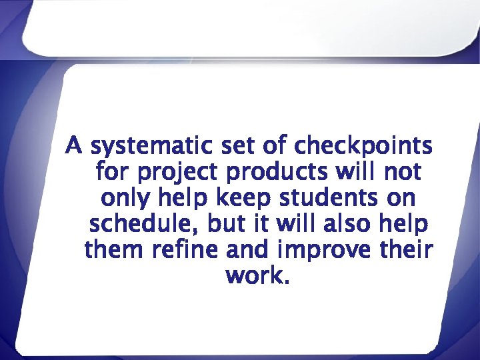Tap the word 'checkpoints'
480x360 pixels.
(x=363, y=145)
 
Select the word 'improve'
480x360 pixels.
(x=320, y=251)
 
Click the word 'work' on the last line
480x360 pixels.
(x=255, y=275)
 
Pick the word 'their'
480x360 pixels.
(x=407, y=250)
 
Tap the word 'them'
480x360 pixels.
(x=114, y=250)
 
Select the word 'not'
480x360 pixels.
(x=402, y=171)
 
